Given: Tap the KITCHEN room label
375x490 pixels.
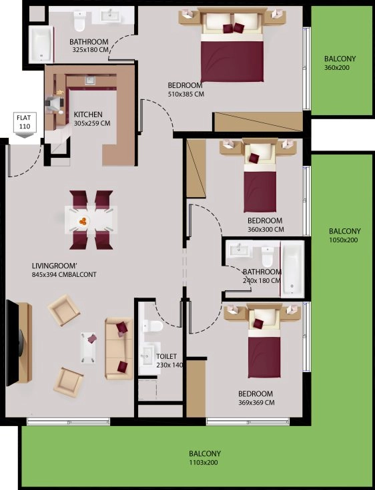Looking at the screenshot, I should (88, 115).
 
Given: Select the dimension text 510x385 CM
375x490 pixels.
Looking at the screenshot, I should (185, 95).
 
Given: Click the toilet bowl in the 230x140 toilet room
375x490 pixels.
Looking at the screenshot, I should (153, 326).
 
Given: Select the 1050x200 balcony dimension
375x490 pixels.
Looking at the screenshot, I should (344, 240).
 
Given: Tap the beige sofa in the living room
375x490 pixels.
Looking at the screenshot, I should (119, 348).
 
